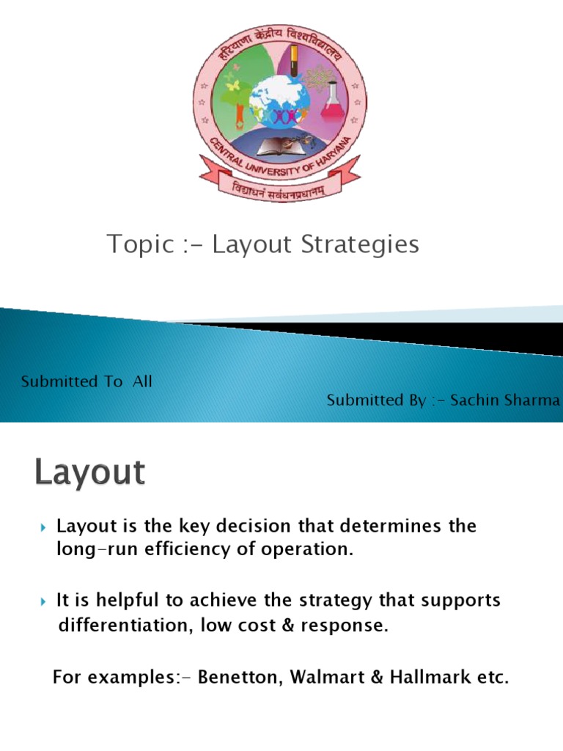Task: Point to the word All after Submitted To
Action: pyautogui.click(x=141, y=381)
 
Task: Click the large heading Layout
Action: pyautogui.click(x=90, y=473)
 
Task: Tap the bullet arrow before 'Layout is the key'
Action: pyautogui.click(x=43, y=527)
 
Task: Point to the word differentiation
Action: pyautogui.click(x=120, y=626)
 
